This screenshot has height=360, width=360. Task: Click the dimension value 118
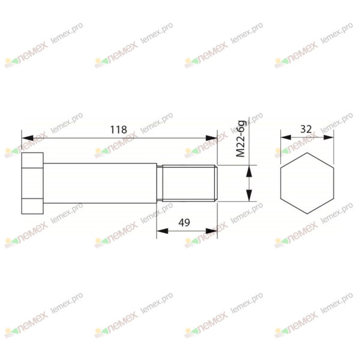coord(118,130)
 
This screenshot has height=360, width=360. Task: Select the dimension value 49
coord(184,223)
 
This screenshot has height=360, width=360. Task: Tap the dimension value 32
coord(306,129)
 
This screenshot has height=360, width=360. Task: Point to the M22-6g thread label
coord(241,139)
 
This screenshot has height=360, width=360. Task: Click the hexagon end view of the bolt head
coord(307,183)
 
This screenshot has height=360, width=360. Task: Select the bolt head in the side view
coord(32,183)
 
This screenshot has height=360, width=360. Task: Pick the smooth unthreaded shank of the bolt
coord(100,183)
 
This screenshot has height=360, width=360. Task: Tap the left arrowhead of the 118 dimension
coord(27,138)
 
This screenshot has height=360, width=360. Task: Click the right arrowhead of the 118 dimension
coord(211,138)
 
